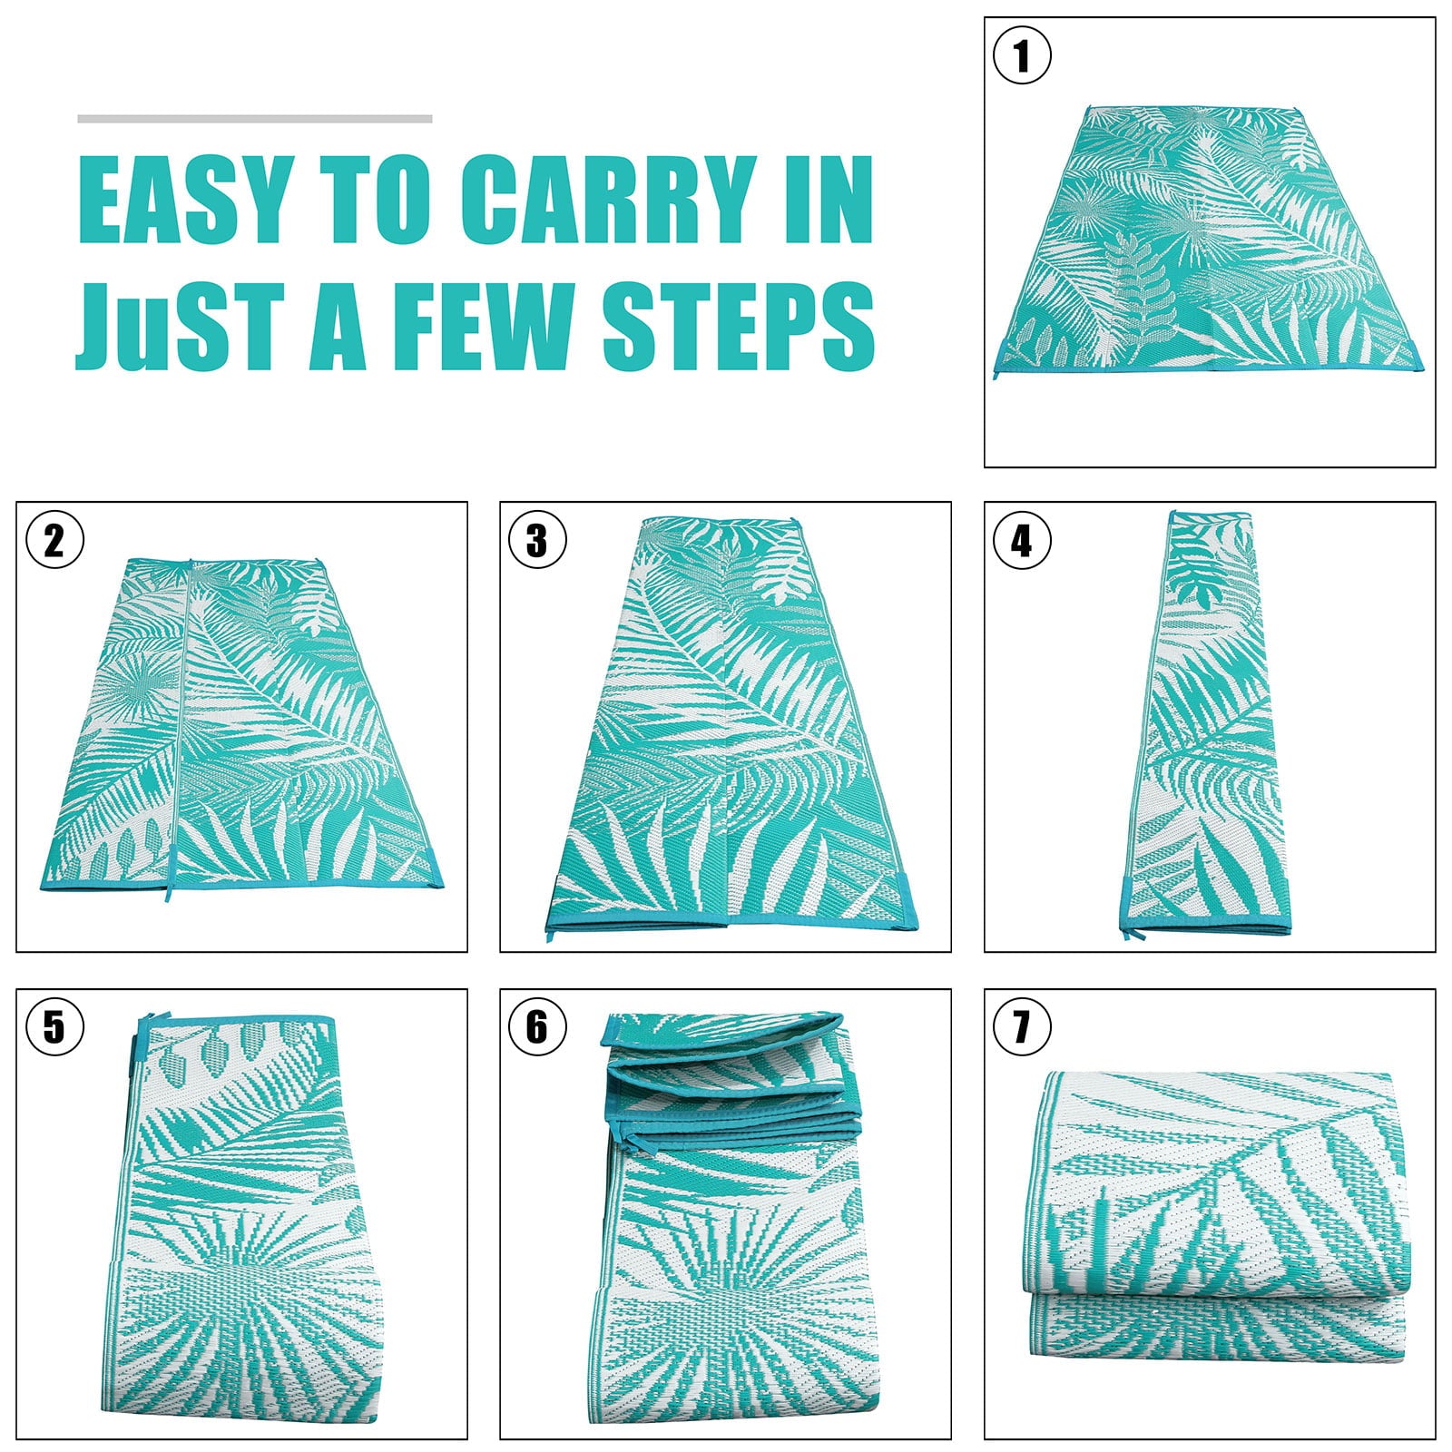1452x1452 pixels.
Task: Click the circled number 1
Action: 1022,55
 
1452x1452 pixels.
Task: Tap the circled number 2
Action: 54,541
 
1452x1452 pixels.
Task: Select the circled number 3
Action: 537,541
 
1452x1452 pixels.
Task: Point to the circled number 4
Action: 1022,541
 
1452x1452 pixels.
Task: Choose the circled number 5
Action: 54,1027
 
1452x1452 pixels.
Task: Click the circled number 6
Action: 537,1027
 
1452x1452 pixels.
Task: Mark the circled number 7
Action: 1022,1027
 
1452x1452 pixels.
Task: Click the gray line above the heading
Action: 254,119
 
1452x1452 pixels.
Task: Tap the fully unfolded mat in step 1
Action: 1207,245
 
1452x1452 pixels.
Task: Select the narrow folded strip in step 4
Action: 1207,726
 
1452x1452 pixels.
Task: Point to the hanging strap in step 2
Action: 169,907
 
